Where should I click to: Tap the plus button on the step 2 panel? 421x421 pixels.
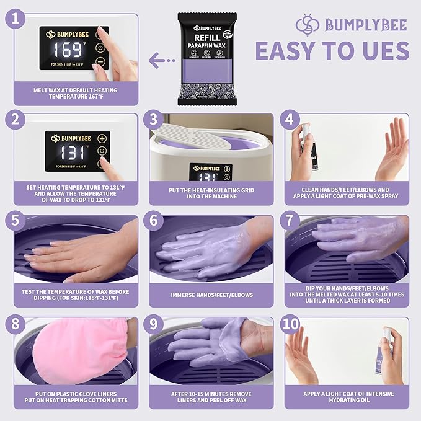click(102, 138)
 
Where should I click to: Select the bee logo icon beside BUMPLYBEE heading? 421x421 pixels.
click(308, 25)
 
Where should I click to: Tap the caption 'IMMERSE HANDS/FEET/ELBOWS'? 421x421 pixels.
click(211, 295)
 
